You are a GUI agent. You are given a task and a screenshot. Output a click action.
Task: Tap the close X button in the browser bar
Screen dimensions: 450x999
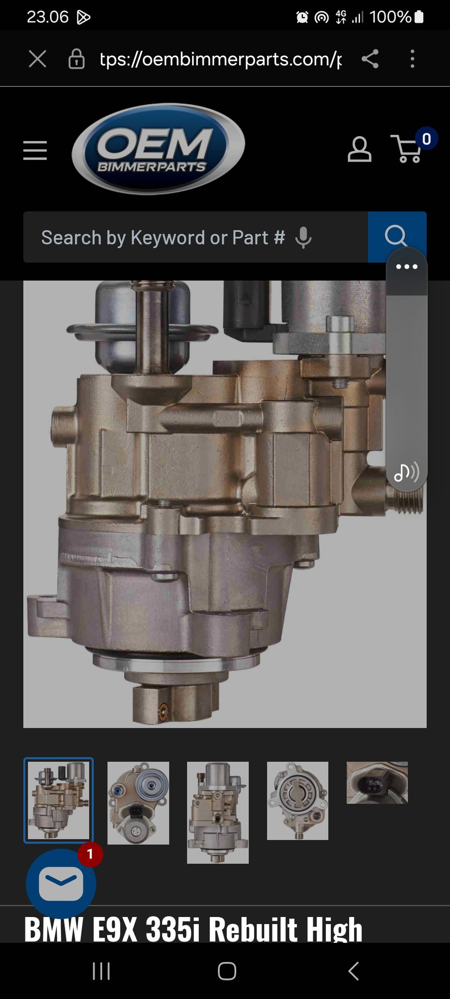point(37,59)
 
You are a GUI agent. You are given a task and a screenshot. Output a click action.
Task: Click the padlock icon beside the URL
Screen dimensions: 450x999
point(76,59)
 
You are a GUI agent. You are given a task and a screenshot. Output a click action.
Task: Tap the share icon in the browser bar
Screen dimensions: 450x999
point(370,59)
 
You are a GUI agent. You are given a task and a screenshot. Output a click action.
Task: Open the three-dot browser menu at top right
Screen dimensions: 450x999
point(412,59)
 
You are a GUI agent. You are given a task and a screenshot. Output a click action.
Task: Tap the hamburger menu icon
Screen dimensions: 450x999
point(35,150)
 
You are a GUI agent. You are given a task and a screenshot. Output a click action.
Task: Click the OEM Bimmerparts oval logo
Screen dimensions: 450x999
point(158,149)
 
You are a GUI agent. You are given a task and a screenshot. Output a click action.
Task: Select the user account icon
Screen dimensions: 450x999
point(360,149)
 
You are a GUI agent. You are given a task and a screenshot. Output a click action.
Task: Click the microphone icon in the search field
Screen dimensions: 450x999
point(303,238)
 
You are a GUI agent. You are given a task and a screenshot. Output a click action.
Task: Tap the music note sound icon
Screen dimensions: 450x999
point(406,472)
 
